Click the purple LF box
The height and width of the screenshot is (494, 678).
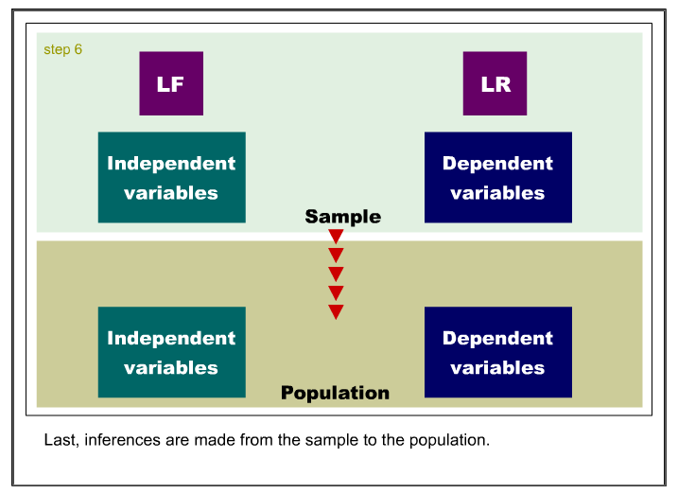coord(171,83)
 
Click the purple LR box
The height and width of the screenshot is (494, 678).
coord(495,83)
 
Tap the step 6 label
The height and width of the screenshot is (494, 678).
coord(62,50)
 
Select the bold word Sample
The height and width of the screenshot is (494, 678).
coord(343,217)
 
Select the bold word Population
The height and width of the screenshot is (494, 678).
coord(335,393)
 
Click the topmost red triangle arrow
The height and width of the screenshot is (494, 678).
coord(336,236)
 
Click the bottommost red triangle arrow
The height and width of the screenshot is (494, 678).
coord(336,311)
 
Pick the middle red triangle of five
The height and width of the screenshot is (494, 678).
coord(336,273)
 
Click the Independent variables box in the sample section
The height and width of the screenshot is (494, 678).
coord(172,177)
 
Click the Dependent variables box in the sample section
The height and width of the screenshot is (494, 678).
coord(498,177)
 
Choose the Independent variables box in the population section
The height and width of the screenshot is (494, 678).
coord(172,352)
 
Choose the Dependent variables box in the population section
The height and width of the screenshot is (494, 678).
coord(498,352)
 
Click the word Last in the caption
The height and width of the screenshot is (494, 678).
coord(61,440)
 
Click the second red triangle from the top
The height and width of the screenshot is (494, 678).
coord(336,255)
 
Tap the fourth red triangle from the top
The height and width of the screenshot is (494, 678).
coord(336,292)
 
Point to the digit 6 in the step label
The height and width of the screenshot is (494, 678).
coord(78,49)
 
